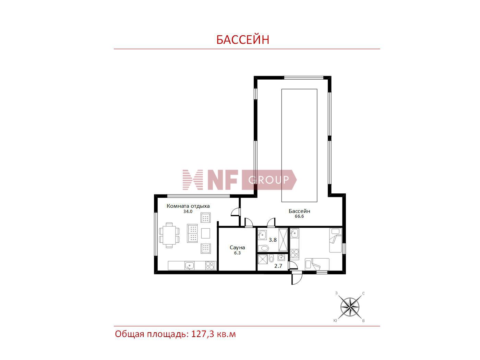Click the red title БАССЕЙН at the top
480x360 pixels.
click(242, 40)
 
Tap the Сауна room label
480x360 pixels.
click(237, 248)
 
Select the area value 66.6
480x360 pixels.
click(299, 216)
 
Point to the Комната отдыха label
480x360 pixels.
click(188, 206)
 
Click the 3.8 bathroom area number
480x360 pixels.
click(273, 240)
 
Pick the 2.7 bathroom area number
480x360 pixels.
click(278, 266)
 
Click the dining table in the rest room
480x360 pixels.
click(169, 235)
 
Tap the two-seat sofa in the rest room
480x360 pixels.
click(193, 233)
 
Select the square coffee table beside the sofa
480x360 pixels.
click(206, 233)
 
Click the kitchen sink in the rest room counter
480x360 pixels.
click(189, 266)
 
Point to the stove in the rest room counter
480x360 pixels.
click(209, 266)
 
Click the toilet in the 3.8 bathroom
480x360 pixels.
click(263, 248)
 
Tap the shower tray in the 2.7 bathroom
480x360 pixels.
click(262, 260)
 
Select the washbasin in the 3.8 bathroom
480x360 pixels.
click(262, 235)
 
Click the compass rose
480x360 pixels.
click(350, 307)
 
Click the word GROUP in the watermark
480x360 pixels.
click(268, 180)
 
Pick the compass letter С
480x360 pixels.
click(363, 293)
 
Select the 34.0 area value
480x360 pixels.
click(188, 211)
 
